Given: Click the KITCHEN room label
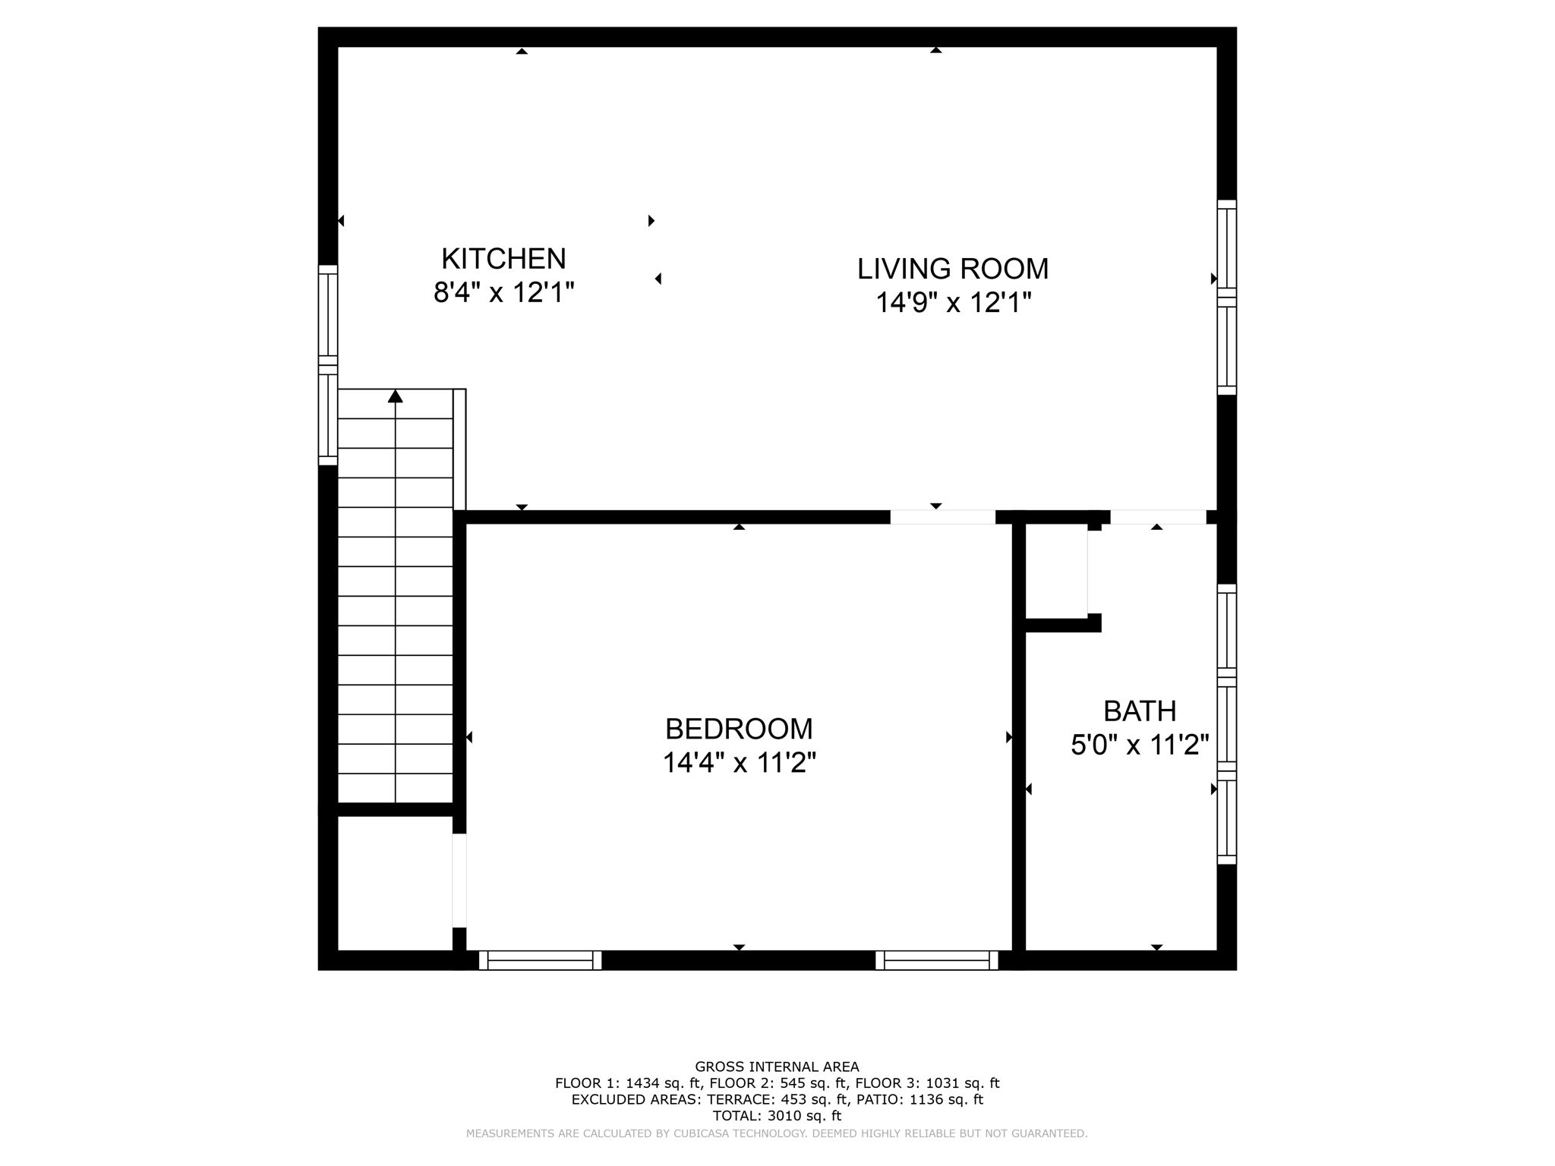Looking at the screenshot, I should tap(503, 259).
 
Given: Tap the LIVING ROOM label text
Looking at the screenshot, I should tap(952, 269).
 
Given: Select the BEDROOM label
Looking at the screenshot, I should tap(739, 729).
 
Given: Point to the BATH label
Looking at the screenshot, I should tap(1139, 711).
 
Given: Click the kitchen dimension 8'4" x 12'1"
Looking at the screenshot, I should tap(503, 292).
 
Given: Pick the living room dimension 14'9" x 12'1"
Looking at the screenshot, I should tap(953, 303).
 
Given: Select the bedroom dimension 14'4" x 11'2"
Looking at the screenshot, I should tap(739, 762).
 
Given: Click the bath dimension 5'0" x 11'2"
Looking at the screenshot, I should tap(1139, 745).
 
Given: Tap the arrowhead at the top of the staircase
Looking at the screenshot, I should tap(395, 396).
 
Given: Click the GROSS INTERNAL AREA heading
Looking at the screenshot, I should tap(777, 1067).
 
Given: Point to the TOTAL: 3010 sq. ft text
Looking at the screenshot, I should tap(777, 1116).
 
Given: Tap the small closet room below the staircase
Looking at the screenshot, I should tap(395, 882).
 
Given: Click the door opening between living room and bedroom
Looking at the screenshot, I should tap(942, 518).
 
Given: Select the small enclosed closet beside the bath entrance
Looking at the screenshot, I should tap(1056, 571).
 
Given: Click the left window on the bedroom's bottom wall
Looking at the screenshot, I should tap(540, 960).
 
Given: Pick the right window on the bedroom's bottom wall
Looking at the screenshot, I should tap(937, 960).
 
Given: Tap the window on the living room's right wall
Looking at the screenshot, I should tap(1226, 298).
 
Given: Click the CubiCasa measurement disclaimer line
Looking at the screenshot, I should tap(777, 1133).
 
